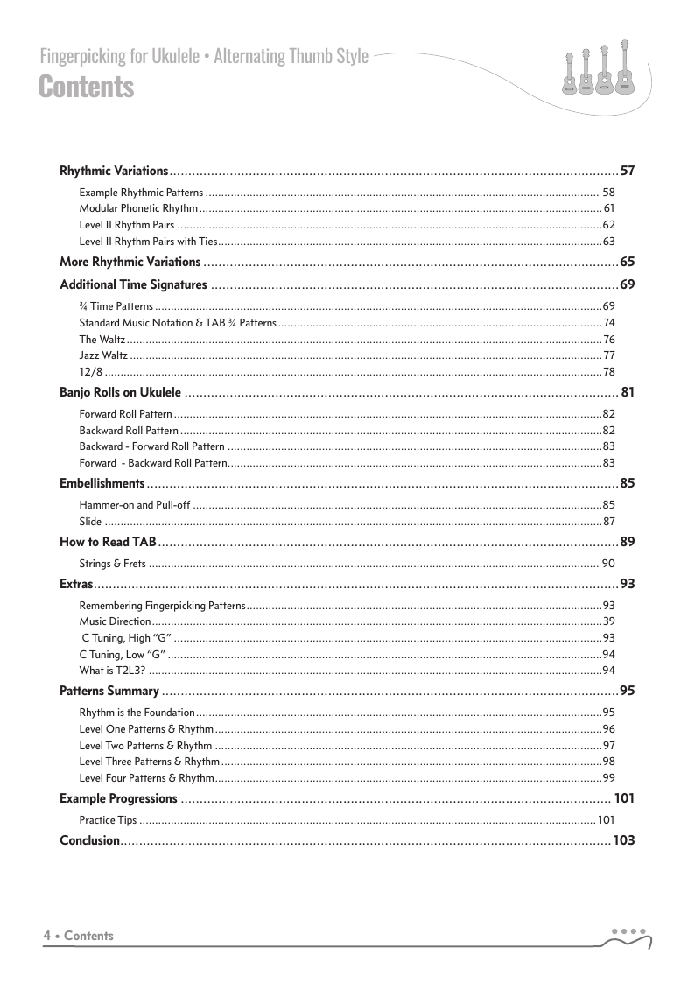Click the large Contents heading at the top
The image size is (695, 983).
coord(87,88)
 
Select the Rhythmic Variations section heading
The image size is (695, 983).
coord(114,171)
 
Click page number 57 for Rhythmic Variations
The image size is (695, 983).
coord(627,171)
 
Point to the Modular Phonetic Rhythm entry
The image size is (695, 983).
coord(138,208)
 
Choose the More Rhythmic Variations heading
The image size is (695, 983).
coord(130,262)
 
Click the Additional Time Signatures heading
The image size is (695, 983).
coord(133,284)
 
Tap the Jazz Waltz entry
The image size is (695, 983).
coord(103,355)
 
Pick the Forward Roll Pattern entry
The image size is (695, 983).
coord(125,414)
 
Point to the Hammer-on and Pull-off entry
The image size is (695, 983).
coord(135,505)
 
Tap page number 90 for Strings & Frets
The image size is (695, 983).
coord(608,564)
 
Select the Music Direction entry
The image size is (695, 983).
coord(115,621)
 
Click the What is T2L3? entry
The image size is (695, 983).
coord(111,671)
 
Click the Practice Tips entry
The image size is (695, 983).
coord(108,820)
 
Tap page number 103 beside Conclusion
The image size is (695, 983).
coord(623,840)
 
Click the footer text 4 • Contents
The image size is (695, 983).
coord(79,936)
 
